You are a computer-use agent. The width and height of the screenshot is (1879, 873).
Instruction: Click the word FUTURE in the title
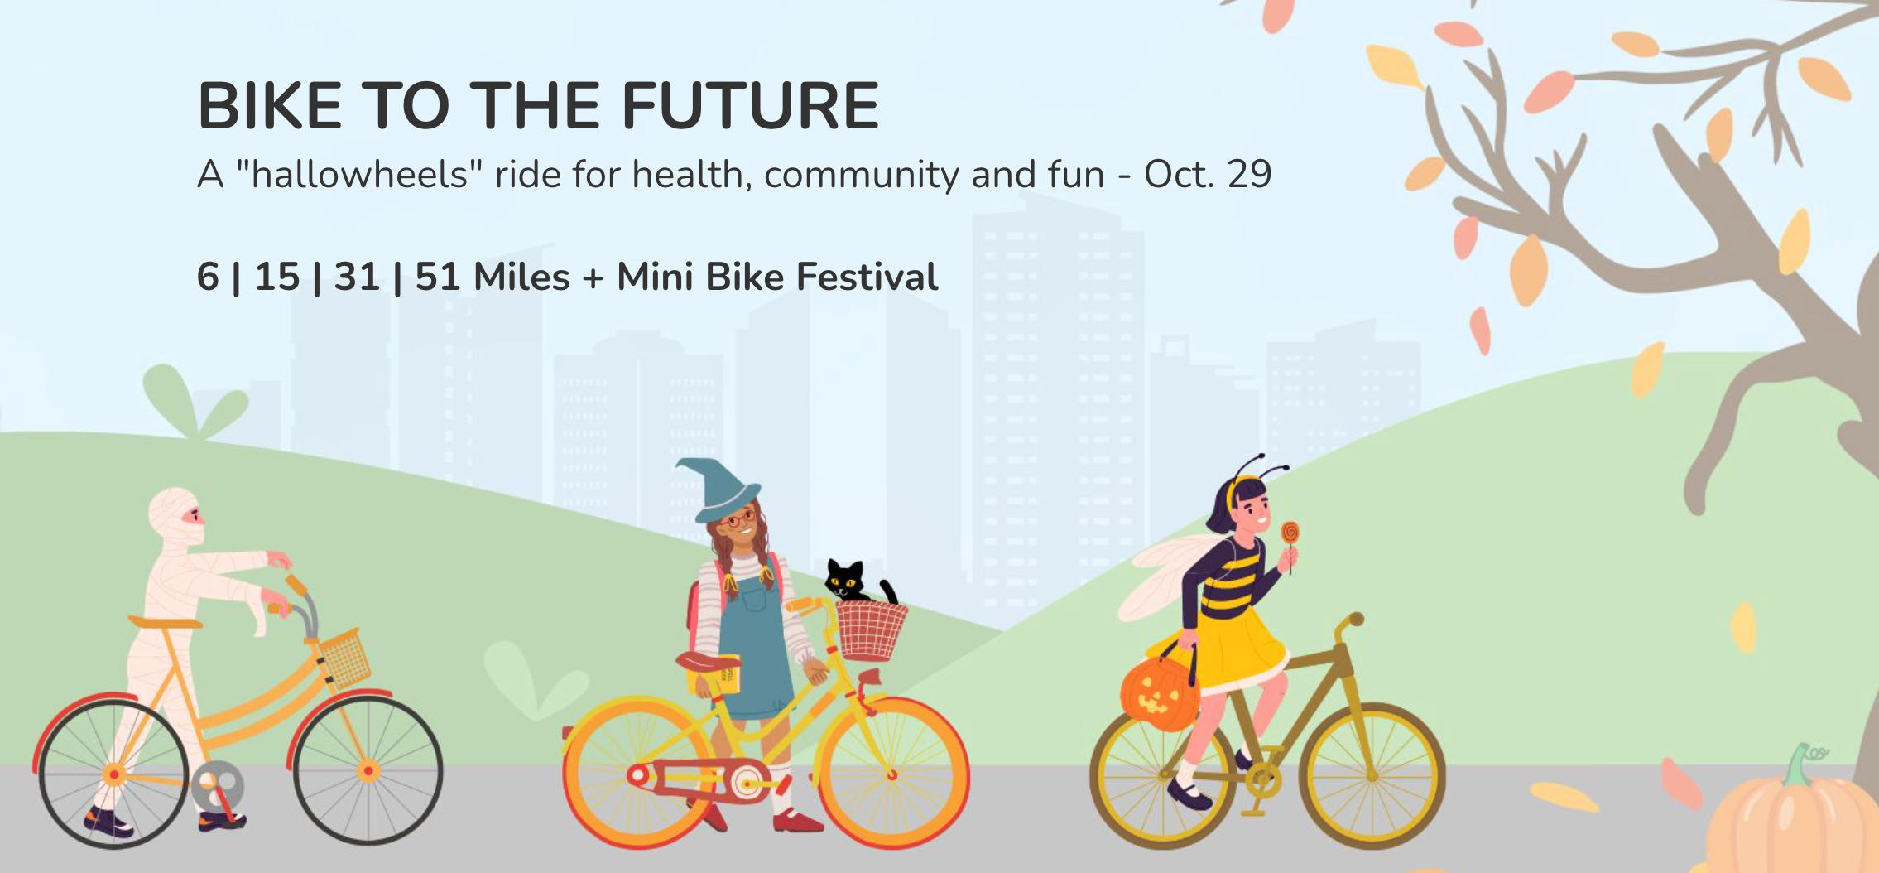(x=749, y=106)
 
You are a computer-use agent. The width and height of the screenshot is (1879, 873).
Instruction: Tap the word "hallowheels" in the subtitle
(x=359, y=174)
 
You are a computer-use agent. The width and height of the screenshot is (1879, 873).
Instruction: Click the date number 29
(x=1250, y=174)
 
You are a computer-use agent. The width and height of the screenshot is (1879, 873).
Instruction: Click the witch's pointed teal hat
(x=718, y=490)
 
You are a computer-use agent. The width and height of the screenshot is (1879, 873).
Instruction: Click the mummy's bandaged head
(x=176, y=516)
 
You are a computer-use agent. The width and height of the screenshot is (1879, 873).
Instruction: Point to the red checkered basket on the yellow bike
(x=871, y=629)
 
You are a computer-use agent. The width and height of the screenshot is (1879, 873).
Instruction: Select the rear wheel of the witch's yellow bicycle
(x=638, y=775)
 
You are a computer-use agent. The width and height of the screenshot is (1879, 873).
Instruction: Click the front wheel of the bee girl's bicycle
(x=1372, y=776)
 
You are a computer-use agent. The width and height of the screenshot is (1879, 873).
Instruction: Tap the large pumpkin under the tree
(x=1792, y=819)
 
